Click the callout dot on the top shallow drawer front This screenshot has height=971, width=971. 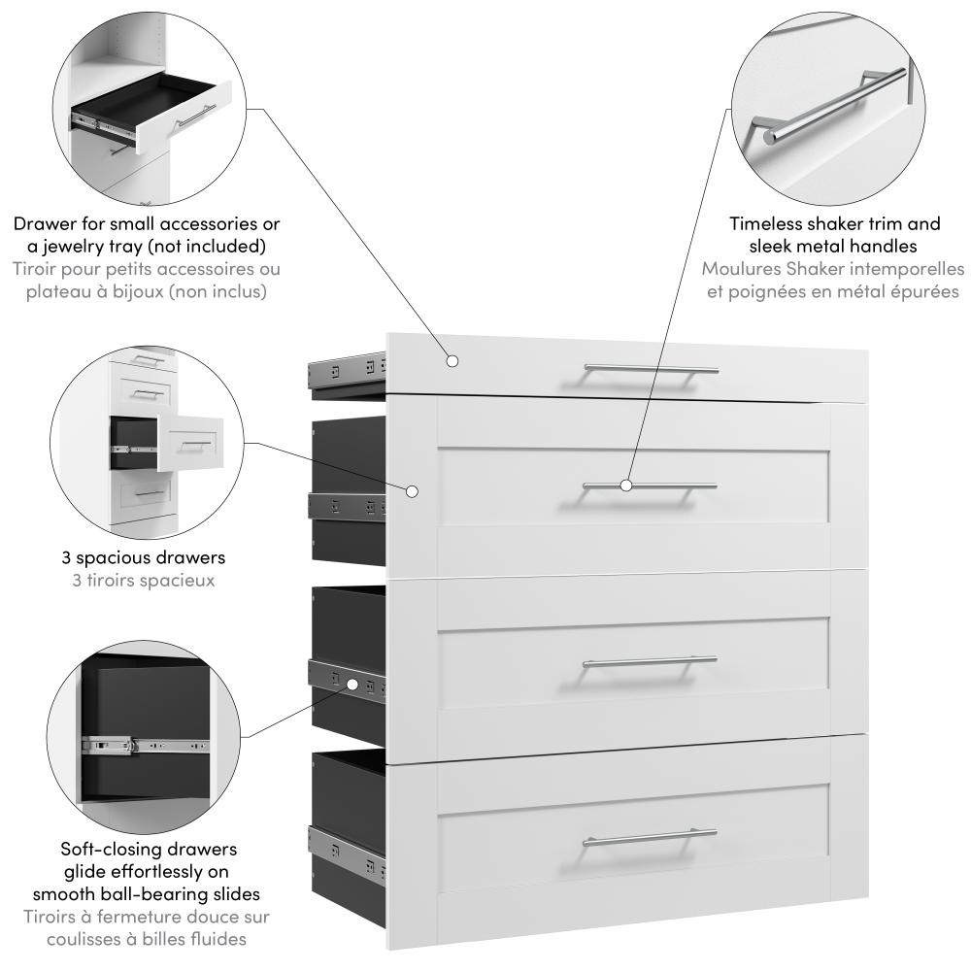coord(452,360)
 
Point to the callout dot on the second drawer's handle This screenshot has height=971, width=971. coord(626,485)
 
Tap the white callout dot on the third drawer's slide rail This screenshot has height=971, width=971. coord(353,685)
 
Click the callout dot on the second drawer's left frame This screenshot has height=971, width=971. coord(413,491)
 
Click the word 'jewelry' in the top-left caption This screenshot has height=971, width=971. coord(79,247)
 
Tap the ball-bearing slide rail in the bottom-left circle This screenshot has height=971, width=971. coord(146,745)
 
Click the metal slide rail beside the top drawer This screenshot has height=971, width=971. coord(347,370)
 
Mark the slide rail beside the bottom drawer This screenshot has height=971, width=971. coord(347,851)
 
